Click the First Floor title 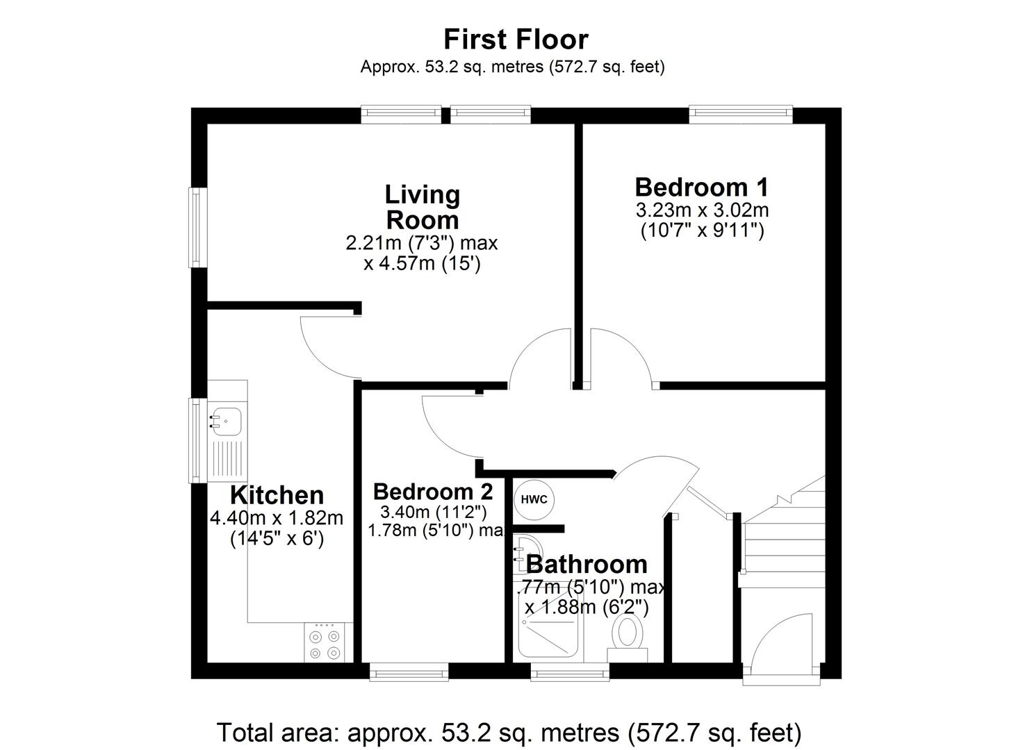click(x=516, y=40)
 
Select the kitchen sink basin click(x=227, y=419)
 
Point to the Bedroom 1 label click(x=702, y=187)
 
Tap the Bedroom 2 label click(x=433, y=492)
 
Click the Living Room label click(x=422, y=207)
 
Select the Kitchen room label click(x=277, y=495)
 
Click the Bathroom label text click(x=587, y=564)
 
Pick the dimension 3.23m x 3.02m click(x=702, y=210)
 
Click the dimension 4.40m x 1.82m click(x=277, y=518)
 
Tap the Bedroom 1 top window click(x=740, y=115)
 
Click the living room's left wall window click(x=199, y=227)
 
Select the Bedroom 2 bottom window click(x=409, y=671)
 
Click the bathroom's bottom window click(x=570, y=671)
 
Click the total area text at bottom click(x=509, y=733)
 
